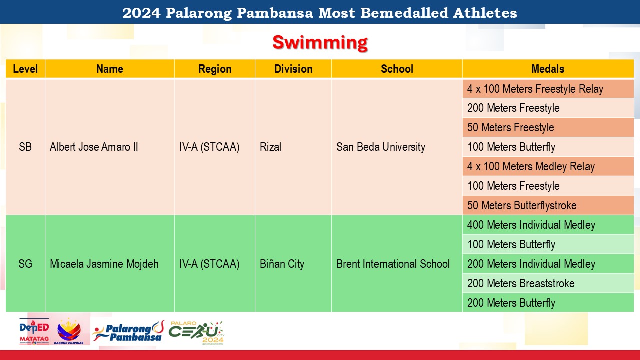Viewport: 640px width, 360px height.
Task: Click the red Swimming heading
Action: tap(320, 43)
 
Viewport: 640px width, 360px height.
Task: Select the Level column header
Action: tap(25, 69)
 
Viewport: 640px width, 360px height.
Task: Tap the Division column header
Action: tap(293, 69)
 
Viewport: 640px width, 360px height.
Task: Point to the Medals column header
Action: tap(548, 69)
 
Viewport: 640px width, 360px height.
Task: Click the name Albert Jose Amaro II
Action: tap(94, 147)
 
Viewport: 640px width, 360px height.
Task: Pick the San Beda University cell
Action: tap(381, 147)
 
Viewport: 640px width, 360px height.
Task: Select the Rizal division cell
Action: tap(270, 147)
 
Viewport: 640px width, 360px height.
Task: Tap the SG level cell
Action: tap(25, 264)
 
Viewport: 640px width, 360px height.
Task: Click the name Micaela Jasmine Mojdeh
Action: tap(104, 264)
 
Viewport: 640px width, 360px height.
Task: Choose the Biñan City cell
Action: tap(282, 264)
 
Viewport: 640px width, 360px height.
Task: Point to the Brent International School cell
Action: tap(393, 264)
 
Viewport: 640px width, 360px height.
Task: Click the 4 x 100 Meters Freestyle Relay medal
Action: tap(535, 89)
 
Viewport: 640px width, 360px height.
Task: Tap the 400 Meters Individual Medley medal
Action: tap(531, 225)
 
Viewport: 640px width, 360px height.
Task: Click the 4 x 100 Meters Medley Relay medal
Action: tap(531, 166)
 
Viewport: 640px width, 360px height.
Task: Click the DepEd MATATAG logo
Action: tap(34, 331)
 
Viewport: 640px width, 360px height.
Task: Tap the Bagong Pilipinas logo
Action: tap(69, 331)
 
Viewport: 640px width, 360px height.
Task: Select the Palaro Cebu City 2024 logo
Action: tap(196, 333)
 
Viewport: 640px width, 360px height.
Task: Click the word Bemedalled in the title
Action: tap(404, 13)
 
